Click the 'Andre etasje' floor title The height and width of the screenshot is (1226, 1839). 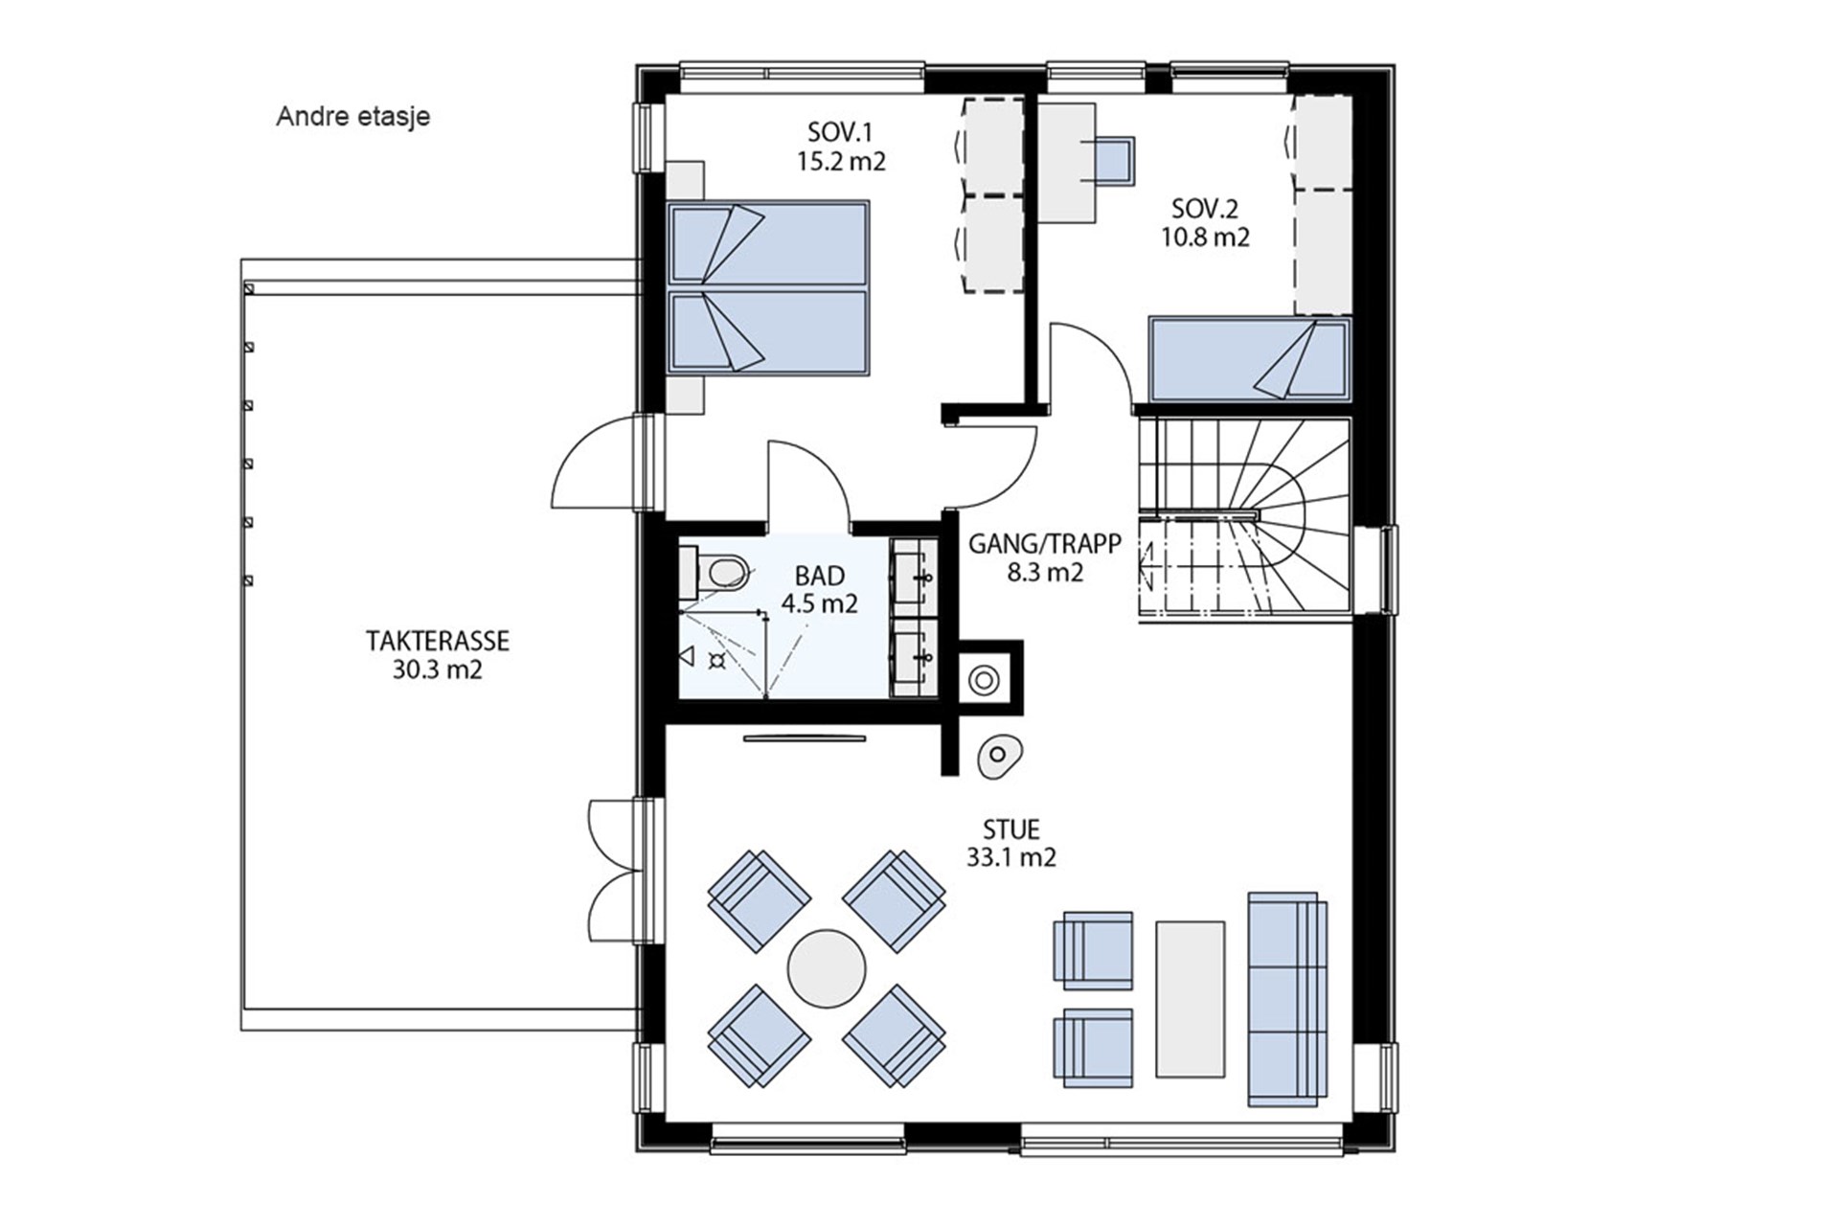[x=352, y=117]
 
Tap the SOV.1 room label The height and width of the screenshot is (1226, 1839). [x=840, y=131]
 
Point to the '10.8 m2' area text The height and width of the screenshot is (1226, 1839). [x=1205, y=237]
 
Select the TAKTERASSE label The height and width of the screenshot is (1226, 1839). [x=437, y=640]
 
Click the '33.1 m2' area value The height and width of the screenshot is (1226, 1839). [x=1010, y=857]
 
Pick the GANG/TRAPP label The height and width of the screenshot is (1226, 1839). [x=1044, y=544]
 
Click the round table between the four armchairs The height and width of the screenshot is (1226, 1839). [x=827, y=968]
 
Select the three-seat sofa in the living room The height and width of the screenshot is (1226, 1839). [x=1287, y=999]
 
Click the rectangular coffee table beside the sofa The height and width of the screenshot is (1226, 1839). [x=1191, y=999]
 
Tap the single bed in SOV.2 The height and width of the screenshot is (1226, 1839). [x=1250, y=359]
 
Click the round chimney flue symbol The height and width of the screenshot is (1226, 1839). [x=984, y=681]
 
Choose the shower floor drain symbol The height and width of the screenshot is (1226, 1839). [x=715, y=661]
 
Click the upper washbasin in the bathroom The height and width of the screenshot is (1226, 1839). [x=914, y=577]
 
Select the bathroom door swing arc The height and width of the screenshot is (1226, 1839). [x=824, y=465]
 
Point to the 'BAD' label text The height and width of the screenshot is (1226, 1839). [x=820, y=576]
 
